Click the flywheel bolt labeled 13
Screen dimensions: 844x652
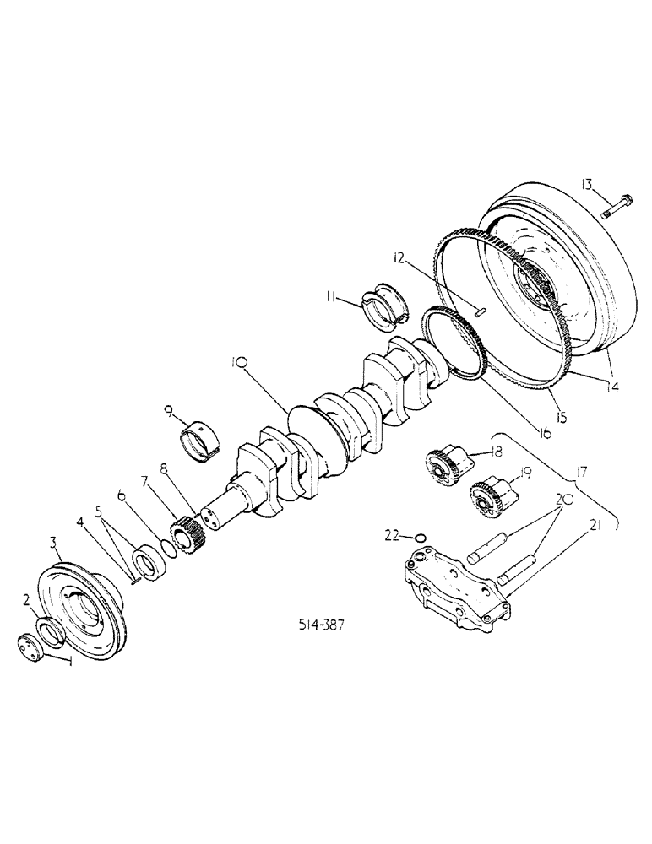click(613, 206)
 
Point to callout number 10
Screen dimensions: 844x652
click(238, 365)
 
